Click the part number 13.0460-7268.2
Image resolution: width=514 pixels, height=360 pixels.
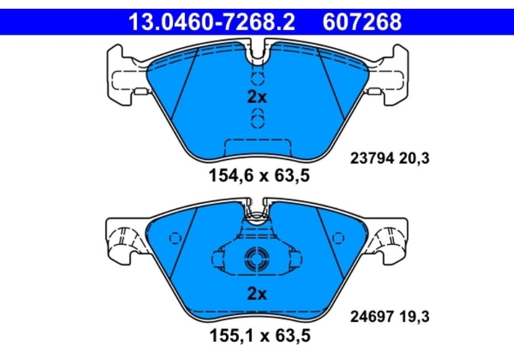click(211, 22)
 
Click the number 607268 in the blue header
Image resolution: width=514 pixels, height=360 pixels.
click(362, 22)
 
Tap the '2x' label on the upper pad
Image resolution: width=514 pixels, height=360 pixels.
click(257, 97)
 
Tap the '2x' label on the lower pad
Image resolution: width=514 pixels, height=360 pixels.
click(257, 294)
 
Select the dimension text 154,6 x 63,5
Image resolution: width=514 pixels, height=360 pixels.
click(259, 176)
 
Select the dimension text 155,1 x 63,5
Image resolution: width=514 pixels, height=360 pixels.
click(260, 336)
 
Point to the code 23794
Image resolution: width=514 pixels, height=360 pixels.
click(372, 159)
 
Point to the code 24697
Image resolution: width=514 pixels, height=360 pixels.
click(372, 317)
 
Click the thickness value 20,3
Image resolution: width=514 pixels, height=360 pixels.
click(414, 159)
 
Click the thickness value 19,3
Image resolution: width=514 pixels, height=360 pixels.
click(414, 317)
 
